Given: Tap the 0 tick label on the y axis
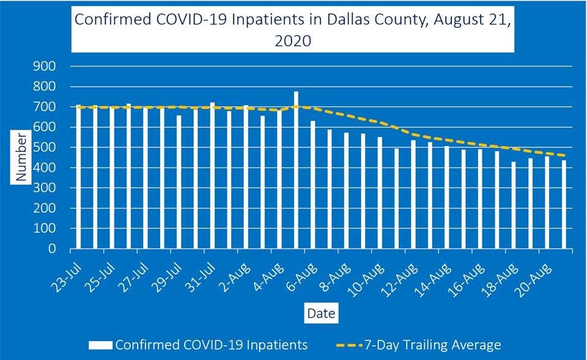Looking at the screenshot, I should click(53, 249).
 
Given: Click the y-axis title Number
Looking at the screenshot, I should click(22, 157).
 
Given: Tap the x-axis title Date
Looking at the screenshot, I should click(320, 314).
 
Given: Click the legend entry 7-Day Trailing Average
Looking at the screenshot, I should click(432, 345).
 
